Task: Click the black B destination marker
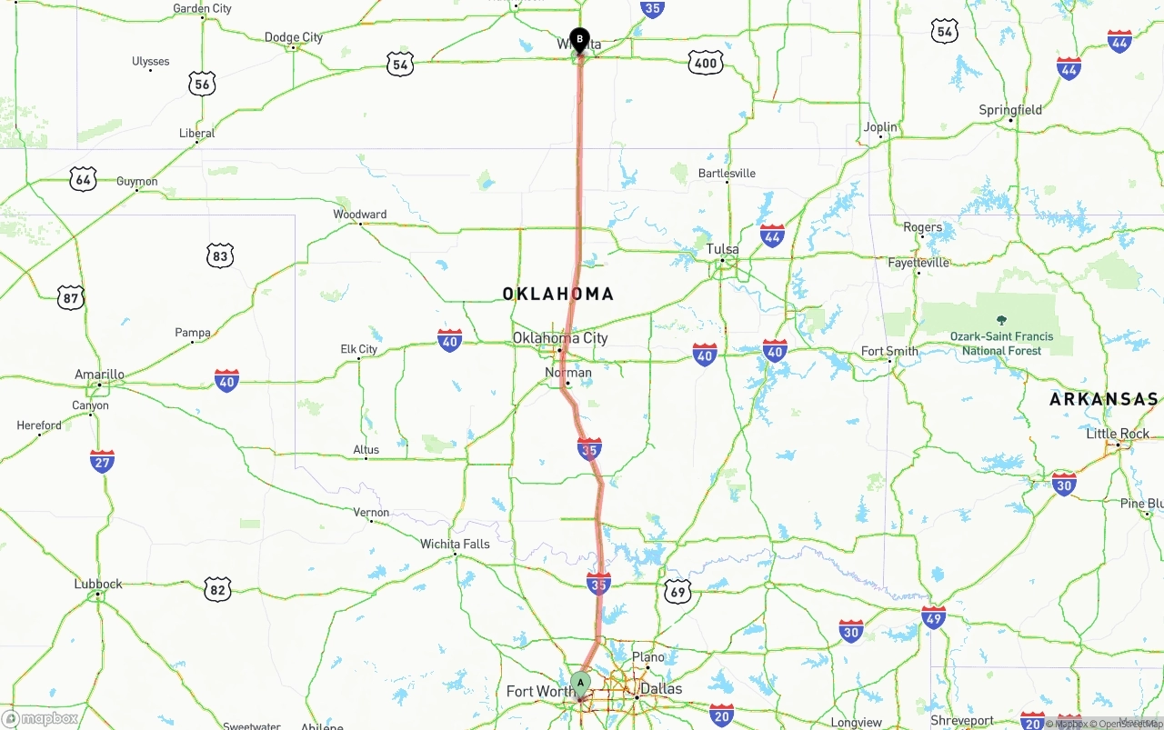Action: [x=579, y=40]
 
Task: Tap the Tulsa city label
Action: [x=723, y=249]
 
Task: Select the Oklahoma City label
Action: [x=559, y=338]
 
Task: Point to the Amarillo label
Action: [x=99, y=375]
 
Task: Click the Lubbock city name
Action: [x=98, y=584]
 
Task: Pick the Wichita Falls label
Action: [x=455, y=545]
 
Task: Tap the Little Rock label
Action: [x=1119, y=434]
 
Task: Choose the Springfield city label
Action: [x=1010, y=110]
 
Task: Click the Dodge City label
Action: [x=294, y=37]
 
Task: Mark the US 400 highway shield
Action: [x=706, y=62]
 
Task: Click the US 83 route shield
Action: [x=219, y=255]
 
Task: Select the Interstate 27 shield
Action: [x=102, y=461]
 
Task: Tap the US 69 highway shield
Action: [x=677, y=591]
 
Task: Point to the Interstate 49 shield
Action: [x=933, y=617]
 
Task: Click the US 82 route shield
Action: [x=216, y=589]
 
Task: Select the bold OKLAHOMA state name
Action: [x=558, y=294]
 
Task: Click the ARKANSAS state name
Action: [x=1104, y=399]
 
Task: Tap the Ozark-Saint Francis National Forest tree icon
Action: [x=1001, y=320]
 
